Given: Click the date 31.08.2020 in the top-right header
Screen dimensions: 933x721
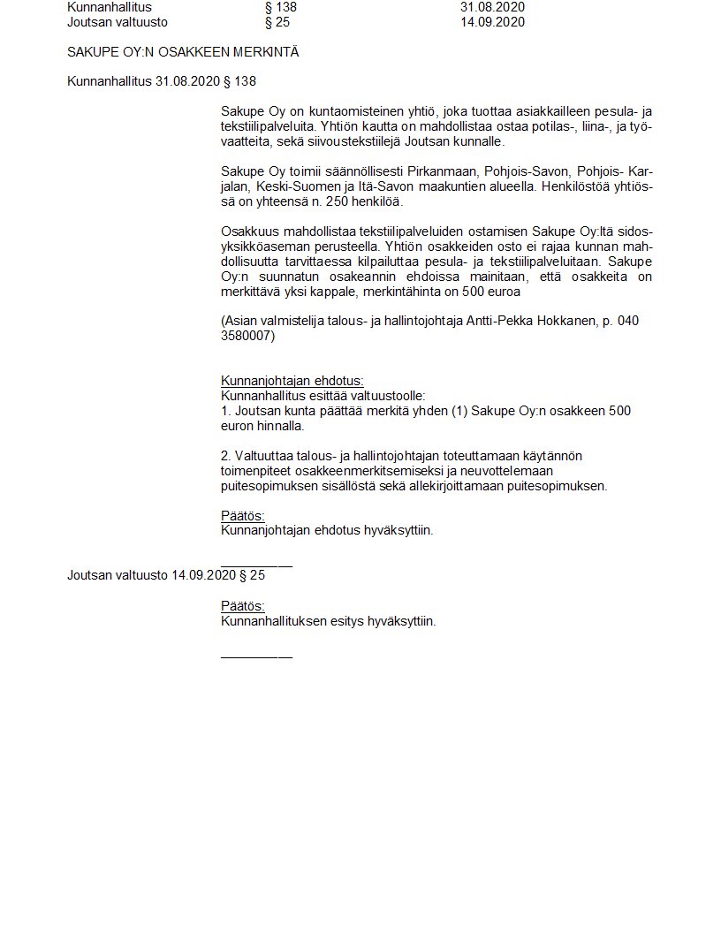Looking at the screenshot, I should tap(492, 7).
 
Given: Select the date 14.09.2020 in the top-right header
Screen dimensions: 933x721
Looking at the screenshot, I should tap(492, 22).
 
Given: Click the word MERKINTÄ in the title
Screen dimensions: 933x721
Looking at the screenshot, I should tap(265, 52).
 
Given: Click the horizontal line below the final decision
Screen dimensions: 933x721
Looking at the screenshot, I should tap(256, 656).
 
